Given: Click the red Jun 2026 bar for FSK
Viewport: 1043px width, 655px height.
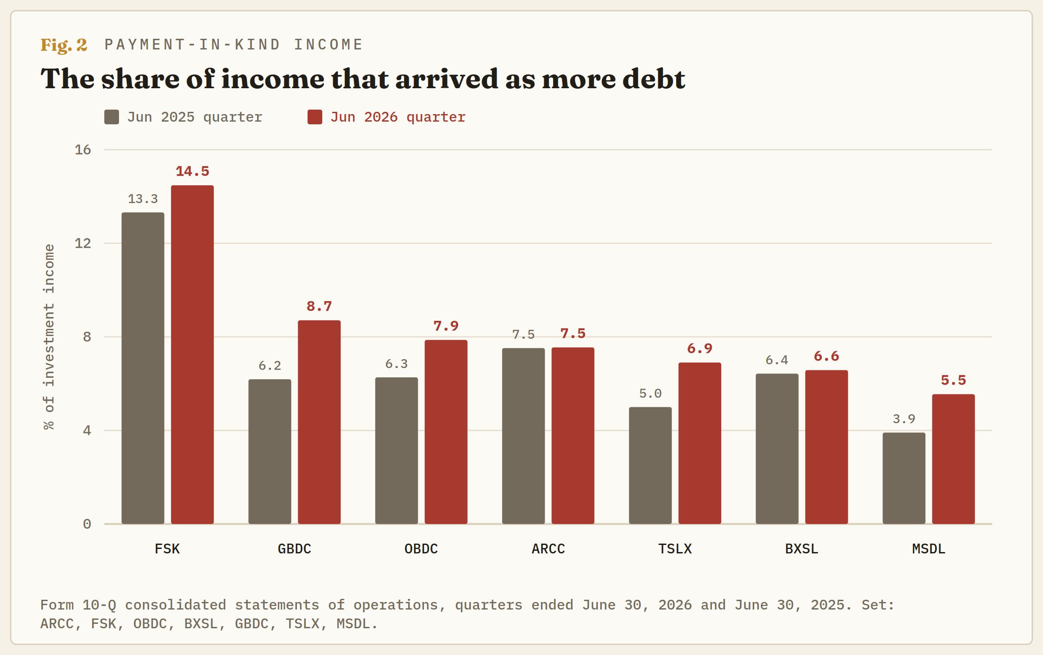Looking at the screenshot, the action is (192, 355).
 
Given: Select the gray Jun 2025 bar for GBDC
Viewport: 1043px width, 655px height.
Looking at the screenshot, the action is (270, 451).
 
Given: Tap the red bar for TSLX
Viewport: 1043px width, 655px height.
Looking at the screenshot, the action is (700, 443).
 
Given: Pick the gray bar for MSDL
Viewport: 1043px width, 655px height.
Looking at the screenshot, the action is (904, 478).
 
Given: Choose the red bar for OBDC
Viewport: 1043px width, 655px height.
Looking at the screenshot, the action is (446, 432).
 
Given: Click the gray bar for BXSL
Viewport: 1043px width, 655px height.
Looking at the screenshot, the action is (777, 449).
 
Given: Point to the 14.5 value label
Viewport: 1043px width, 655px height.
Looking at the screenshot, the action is (192, 171).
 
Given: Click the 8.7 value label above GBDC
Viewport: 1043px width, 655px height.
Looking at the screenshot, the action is (319, 306).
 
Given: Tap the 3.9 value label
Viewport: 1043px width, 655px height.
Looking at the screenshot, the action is (904, 419).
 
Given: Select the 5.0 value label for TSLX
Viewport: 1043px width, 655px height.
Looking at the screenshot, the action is (650, 393).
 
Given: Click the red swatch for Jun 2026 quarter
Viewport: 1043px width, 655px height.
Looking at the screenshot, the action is (315, 117).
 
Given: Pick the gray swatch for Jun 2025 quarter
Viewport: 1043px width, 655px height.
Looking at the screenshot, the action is (111, 117).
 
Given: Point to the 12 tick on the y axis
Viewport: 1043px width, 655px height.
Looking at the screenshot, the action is (83, 243).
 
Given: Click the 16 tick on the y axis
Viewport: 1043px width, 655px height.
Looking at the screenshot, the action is (83, 150).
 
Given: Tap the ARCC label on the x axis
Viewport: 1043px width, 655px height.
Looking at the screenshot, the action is (548, 549).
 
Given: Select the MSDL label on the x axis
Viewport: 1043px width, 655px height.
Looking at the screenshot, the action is (928, 549).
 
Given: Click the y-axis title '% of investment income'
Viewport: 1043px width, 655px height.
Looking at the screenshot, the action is (49, 337).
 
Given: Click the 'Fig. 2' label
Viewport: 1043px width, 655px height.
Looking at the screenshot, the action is (64, 45).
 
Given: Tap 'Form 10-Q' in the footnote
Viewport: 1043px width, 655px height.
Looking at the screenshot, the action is (78, 605).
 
